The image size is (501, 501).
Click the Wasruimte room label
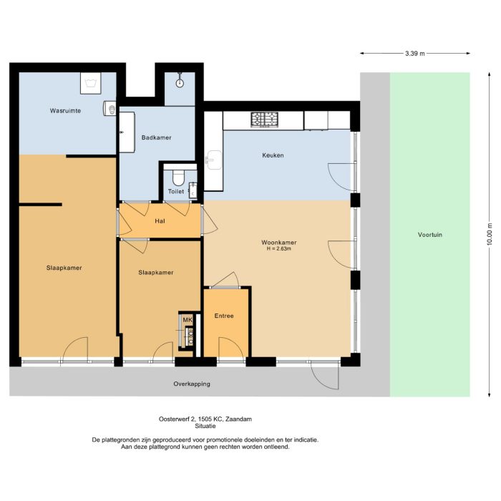click(64, 111)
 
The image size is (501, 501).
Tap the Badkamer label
click(156, 137)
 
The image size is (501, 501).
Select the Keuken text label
click(273, 155)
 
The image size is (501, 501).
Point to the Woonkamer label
click(278, 242)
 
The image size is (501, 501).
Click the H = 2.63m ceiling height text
click(278, 249)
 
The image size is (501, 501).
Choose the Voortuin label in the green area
click(430, 235)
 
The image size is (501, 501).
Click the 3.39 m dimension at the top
click(414, 54)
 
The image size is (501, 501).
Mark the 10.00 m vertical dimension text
click(490, 234)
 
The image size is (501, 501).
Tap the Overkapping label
click(192, 384)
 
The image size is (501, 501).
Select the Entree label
click(225, 316)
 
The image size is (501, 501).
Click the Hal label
click(160, 220)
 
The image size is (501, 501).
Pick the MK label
click(187, 320)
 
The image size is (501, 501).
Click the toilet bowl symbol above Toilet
click(179, 177)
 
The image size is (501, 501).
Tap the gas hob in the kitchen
click(264, 119)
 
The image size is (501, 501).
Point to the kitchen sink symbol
click(213, 159)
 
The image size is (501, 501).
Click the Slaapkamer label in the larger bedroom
click(64, 268)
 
